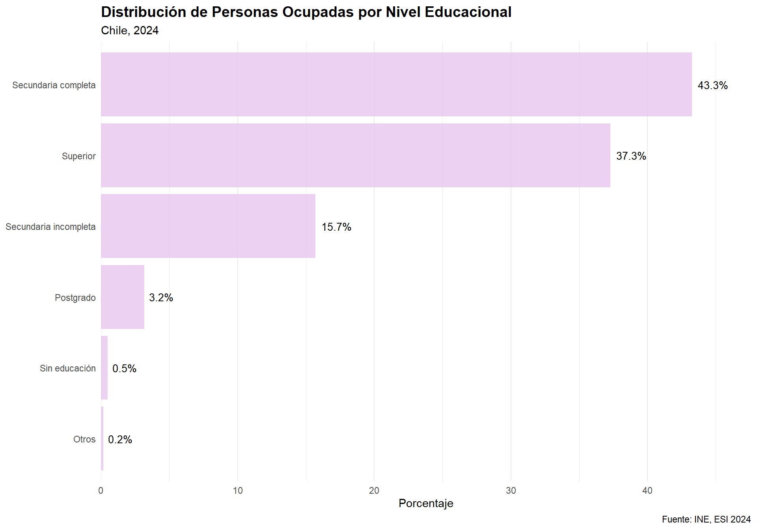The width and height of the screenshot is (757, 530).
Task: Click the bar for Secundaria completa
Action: (396, 84)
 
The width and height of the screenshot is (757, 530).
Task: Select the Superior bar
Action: (355, 155)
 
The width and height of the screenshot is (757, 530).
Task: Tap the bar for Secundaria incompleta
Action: (208, 226)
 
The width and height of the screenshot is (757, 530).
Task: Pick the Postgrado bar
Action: (123, 297)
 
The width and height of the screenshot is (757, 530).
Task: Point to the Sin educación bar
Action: (104, 368)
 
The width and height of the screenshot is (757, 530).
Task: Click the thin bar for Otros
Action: (102, 439)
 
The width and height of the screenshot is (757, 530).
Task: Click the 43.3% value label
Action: (712, 86)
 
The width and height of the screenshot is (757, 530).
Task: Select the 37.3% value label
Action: (631, 156)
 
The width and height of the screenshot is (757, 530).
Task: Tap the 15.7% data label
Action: (336, 227)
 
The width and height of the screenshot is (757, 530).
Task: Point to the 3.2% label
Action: (161, 298)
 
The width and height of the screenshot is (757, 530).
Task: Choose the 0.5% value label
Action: (124, 369)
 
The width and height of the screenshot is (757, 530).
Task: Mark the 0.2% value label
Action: (120, 440)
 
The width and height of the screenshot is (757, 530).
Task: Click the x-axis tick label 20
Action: (374, 491)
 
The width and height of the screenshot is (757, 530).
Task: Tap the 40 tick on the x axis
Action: (647, 491)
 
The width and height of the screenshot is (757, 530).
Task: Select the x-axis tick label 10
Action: (237, 491)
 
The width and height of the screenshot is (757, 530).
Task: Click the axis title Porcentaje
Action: (426, 504)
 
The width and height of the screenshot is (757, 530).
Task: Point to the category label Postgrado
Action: (75, 298)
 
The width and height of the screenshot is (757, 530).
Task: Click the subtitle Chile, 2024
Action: (130, 30)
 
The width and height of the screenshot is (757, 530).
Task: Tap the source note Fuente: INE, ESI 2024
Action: (706, 519)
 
